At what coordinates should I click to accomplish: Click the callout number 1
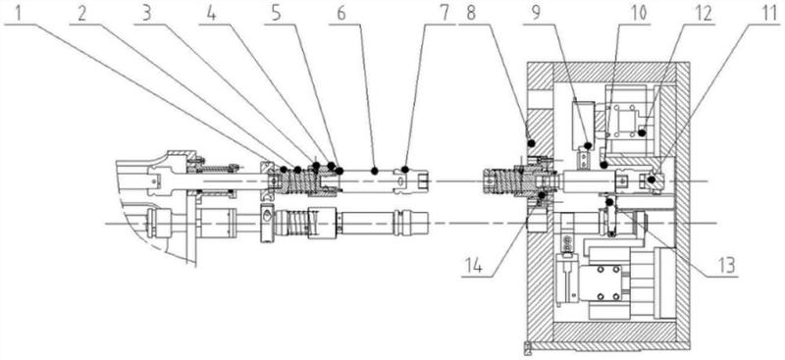coord(18,14)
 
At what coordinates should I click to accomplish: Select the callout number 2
coord(82,14)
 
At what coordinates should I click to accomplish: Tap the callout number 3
coord(146,14)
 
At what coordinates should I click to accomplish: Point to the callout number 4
coord(212,14)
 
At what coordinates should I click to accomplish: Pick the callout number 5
coord(277,14)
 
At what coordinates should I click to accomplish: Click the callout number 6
coord(340,14)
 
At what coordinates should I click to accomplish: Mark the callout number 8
coord(471,14)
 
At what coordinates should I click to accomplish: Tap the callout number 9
coord(536,14)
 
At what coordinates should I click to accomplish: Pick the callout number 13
coord(726,266)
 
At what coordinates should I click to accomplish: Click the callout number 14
coord(472,266)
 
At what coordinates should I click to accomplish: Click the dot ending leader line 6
coord(375,171)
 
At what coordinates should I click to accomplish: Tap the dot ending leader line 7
coord(405,170)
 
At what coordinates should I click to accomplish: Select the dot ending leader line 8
coord(531,143)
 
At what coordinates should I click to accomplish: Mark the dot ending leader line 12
coord(642,132)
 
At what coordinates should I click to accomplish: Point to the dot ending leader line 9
coord(588,146)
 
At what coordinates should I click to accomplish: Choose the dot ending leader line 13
coord(609,202)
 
